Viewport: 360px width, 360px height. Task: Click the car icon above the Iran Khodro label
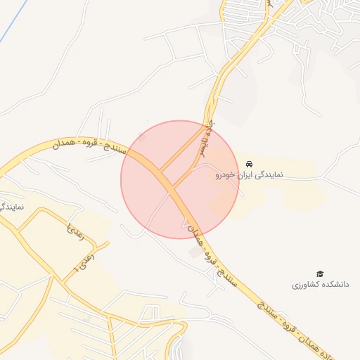pos(249,163)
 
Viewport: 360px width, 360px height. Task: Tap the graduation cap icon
pos(320,274)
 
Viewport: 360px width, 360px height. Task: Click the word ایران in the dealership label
pos(242,174)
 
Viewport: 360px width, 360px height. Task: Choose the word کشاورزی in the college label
pos(307,285)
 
